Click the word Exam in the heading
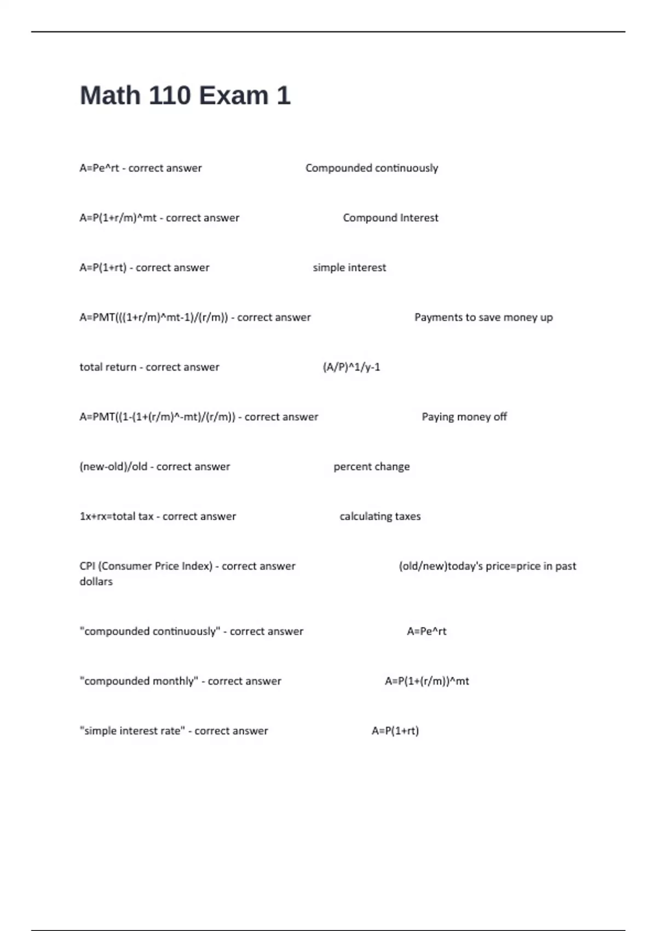[x=234, y=96]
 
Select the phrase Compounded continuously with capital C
[x=372, y=168]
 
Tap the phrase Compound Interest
[x=390, y=218]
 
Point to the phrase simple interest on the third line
[x=349, y=268]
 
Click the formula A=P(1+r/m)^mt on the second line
[x=118, y=218]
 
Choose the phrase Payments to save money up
[x=483, y=318]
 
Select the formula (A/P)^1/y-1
[x=351, y=367]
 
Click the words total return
[x=108, y=367]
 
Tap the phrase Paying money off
[x=464, y=417]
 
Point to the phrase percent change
[x=372, y=467]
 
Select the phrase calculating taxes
[x=380, y=516]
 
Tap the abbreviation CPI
[x=87, y=566]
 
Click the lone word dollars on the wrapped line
[x=96, y=582]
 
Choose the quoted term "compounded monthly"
[x=139, y=681]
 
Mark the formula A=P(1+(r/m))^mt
[x=427, y=681]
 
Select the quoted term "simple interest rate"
[x=132, y=731]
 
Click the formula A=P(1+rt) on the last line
[x=395, y=731]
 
